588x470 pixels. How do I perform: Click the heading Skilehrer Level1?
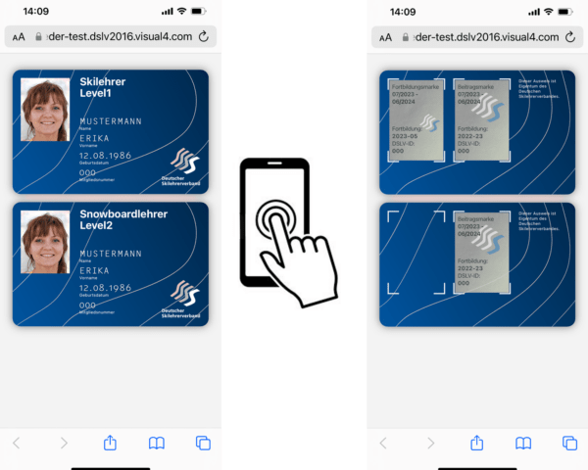102,87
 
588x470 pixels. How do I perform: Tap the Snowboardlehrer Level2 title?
122,219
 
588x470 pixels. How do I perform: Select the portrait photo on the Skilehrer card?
45,110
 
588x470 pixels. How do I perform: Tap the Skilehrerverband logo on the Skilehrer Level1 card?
183,164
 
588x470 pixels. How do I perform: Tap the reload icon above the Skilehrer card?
203,37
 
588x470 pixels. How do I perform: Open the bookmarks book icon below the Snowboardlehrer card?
156,443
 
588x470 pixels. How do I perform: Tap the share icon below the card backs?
476,443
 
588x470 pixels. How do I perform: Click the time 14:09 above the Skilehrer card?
36,12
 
